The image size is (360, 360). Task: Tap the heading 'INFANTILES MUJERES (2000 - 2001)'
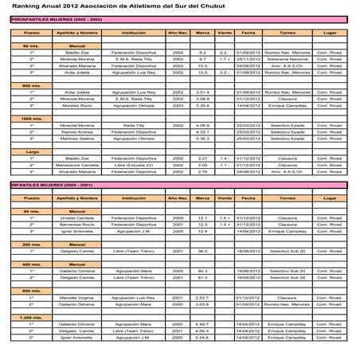click(x=45, y=184)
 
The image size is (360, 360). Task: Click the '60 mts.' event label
click(x=32, y=46)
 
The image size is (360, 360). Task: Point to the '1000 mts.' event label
click(x=32, y=118)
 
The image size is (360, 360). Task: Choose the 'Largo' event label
click(x=32, y=151)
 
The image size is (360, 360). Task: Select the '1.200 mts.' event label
click(x=32, y=316)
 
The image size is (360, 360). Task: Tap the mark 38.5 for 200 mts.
click(x=202, y=251)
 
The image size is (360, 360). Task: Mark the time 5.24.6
click(x=202, y=337)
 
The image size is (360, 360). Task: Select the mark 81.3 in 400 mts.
click(x=202, y=277)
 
